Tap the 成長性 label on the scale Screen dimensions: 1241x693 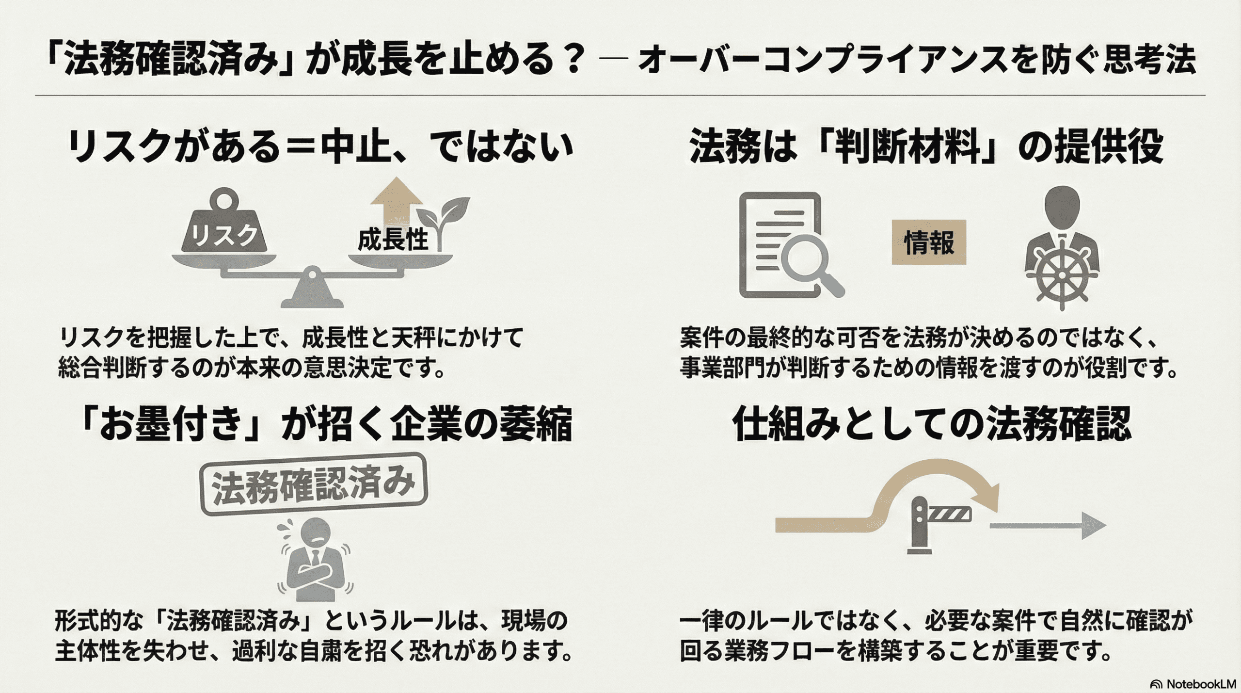[393, 240]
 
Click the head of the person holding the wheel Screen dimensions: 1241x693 [1062, 206]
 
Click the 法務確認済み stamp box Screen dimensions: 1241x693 [314, 483]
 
